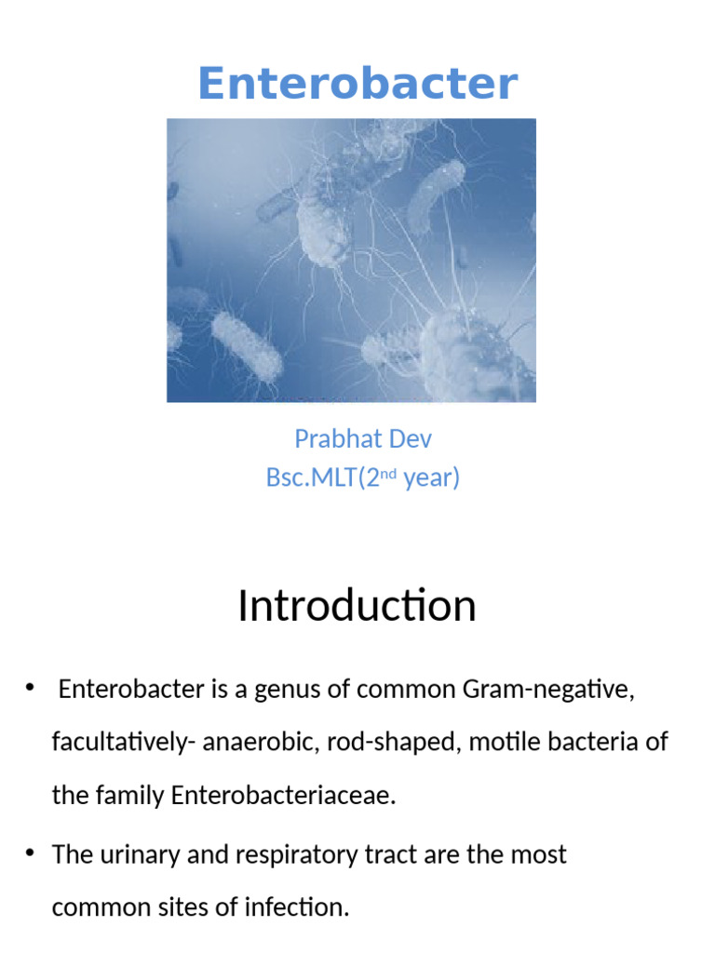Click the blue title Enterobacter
(357, 84)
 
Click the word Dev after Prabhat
(411, 438)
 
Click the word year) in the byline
(431, 478)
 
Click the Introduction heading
(357, 606)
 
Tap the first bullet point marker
(31, 688)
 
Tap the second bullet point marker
(31, 852)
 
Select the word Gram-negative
(547, 690)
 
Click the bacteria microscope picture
(351, 260)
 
